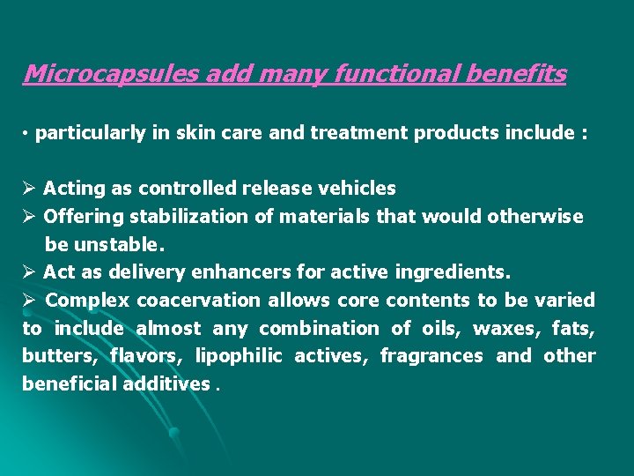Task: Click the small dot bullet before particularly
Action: [27, 134]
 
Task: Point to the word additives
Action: [166, 384]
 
